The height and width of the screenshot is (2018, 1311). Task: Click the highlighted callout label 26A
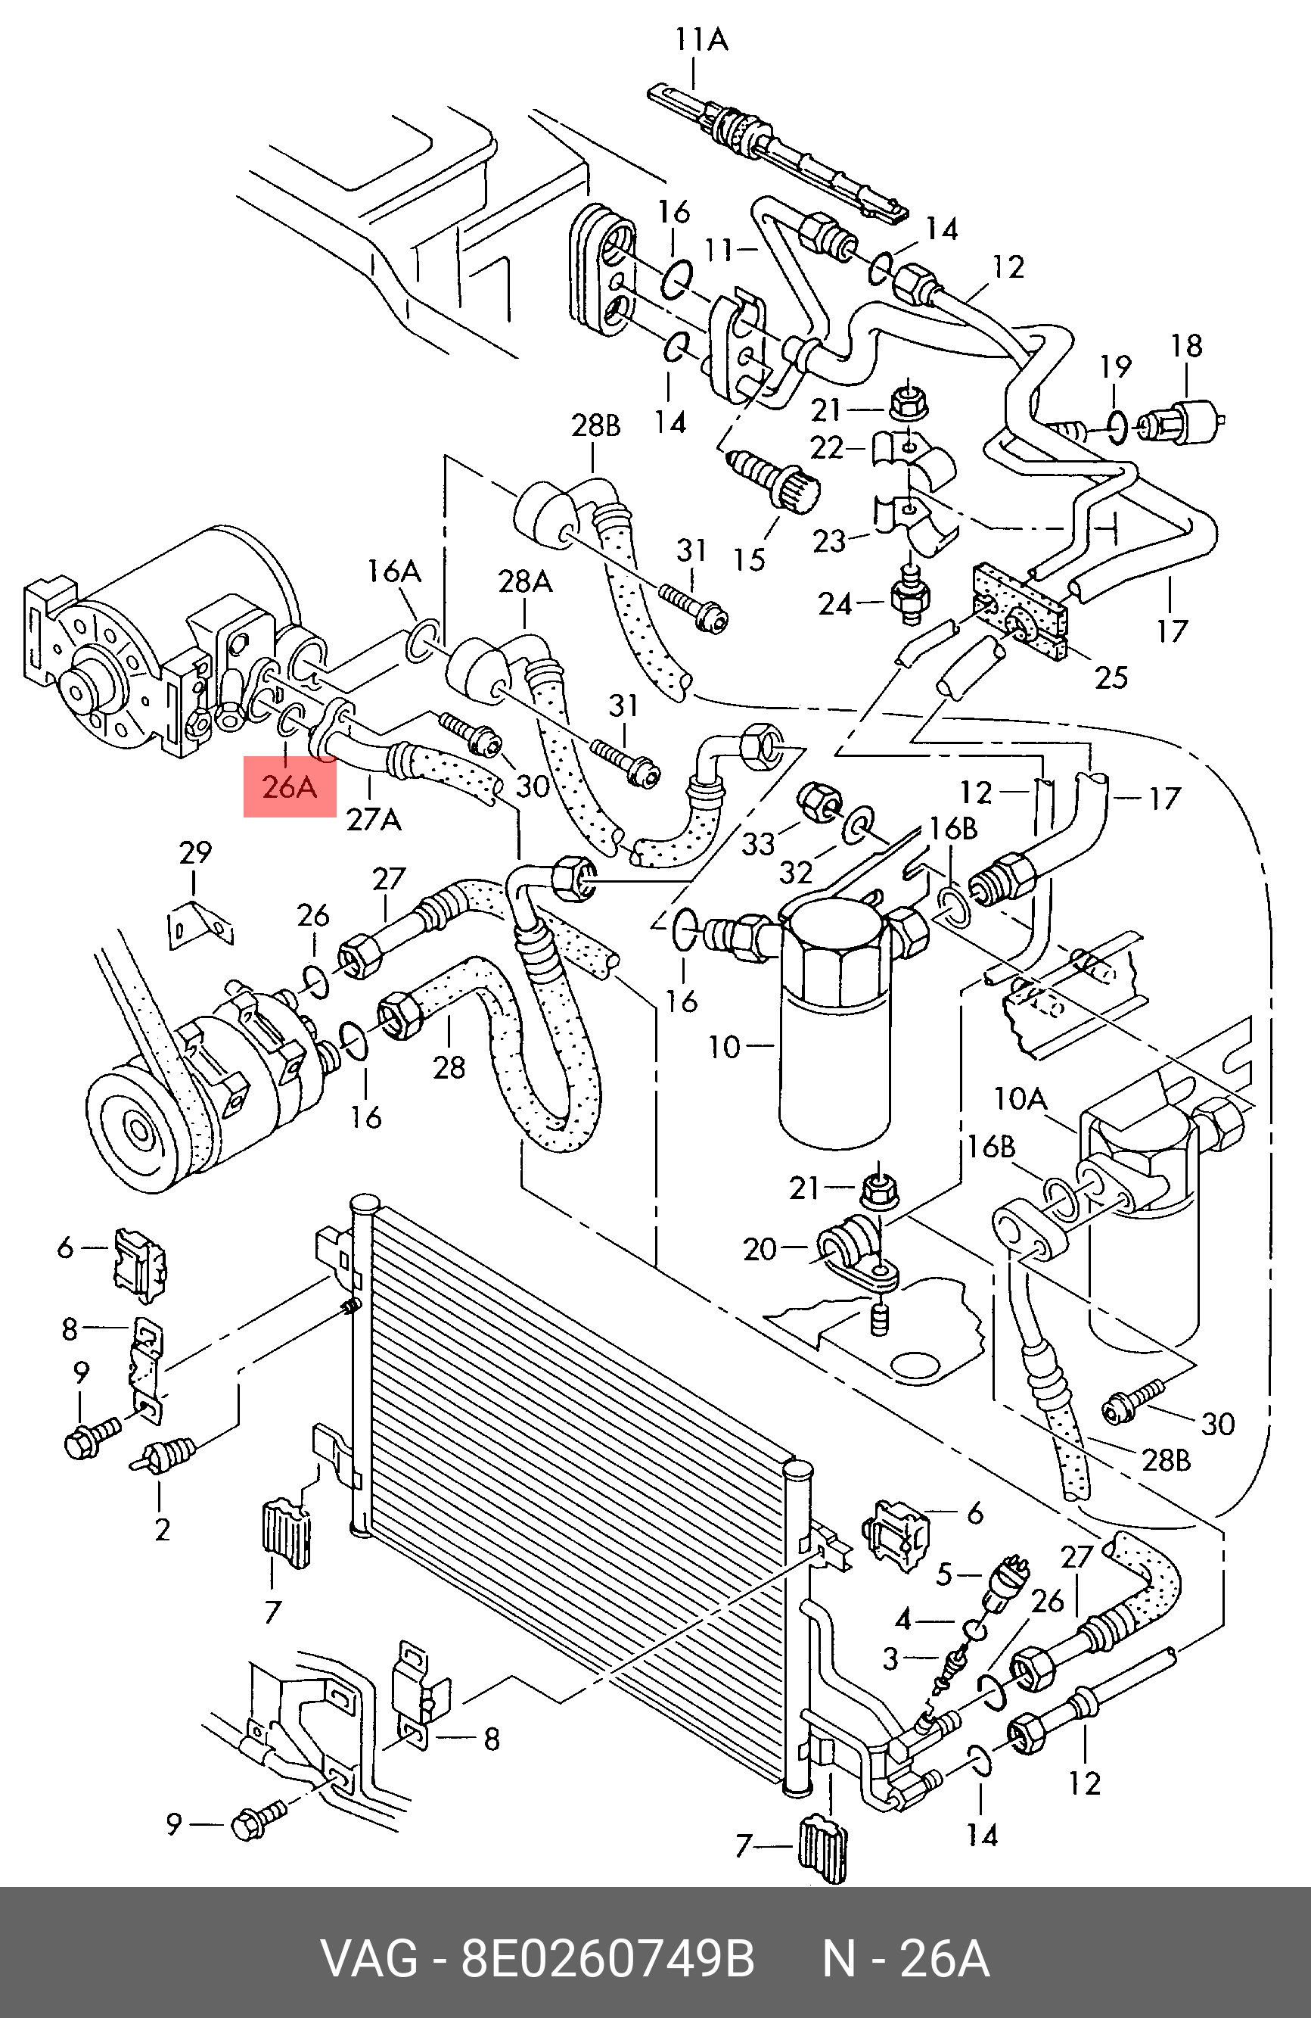click(x=289, y=787)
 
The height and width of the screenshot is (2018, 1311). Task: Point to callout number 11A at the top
click(x=702, y=40)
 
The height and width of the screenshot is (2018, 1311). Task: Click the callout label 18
click(x=1186, y=346)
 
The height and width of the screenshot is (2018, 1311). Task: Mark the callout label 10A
click(x=1021, y=1099)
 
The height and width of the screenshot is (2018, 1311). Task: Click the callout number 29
click(x=195, y=852)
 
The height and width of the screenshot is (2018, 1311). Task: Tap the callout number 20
click(x=760, y=1249)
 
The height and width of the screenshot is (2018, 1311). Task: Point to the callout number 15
click(x=749, y=559)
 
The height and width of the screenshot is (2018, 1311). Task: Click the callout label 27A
click(x=374, y=819)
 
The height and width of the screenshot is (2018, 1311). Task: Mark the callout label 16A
click(x=394, y=571)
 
